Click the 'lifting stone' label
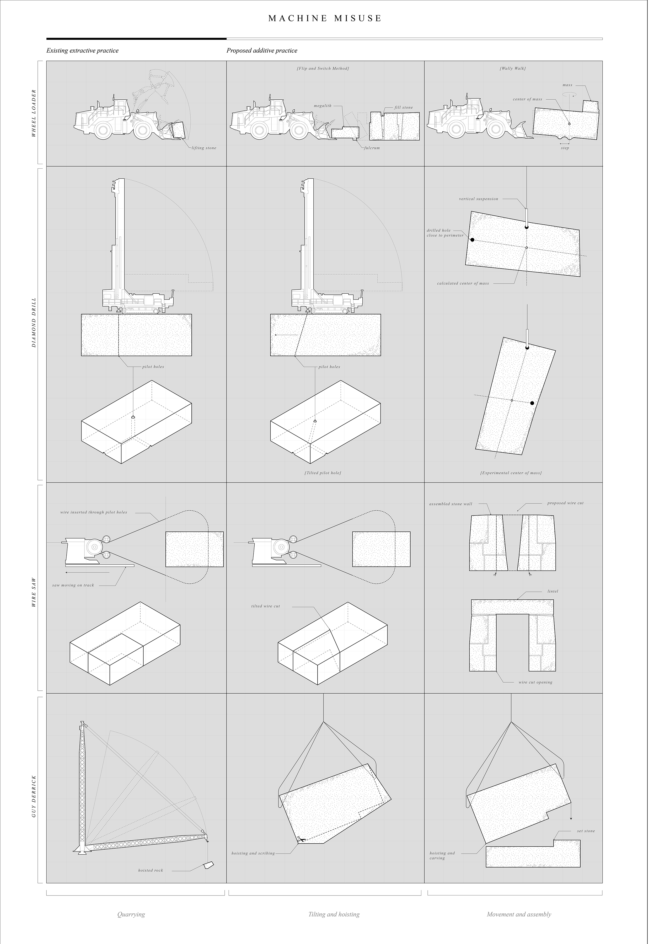204,148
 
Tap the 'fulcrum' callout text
372,148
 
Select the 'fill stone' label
404,107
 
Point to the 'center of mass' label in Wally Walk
527,99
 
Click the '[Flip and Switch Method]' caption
323,68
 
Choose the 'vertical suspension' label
479,199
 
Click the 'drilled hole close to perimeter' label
445,233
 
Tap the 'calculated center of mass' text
463,283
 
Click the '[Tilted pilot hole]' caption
323,473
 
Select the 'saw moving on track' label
73,586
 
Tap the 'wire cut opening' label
535,682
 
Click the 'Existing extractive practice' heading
83,51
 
